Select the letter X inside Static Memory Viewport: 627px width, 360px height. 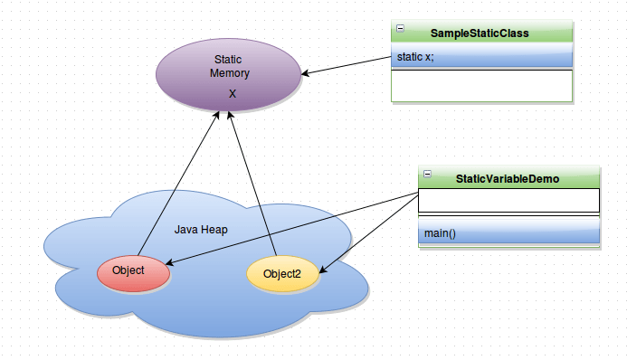[233, 94]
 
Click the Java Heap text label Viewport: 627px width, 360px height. [201, 230]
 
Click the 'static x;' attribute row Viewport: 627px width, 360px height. [482, 57]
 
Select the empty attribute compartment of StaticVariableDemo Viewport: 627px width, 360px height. [508, 200]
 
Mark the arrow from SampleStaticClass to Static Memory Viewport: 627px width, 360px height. [348, 65]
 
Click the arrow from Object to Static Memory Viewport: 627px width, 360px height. [176, 185]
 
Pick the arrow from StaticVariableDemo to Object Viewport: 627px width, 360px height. [290, 228]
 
